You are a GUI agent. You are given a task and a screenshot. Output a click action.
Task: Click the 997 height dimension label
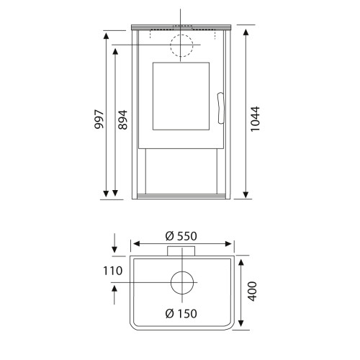pos(99,120)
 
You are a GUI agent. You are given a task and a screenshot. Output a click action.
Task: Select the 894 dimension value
pos(122,120)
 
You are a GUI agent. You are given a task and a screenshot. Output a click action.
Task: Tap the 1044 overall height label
pos(255,119)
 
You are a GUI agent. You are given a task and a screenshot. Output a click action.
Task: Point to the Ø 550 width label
pos(181,236)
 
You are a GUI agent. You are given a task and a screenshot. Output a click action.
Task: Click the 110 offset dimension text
pos(112,271)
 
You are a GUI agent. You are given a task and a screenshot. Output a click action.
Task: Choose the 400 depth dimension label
pos(252,292)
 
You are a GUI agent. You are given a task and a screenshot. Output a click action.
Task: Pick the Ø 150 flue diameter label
pos(181,313)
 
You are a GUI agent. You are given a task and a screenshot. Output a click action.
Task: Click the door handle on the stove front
pos(221,108)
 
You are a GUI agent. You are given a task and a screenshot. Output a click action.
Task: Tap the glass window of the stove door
pos(181,96)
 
